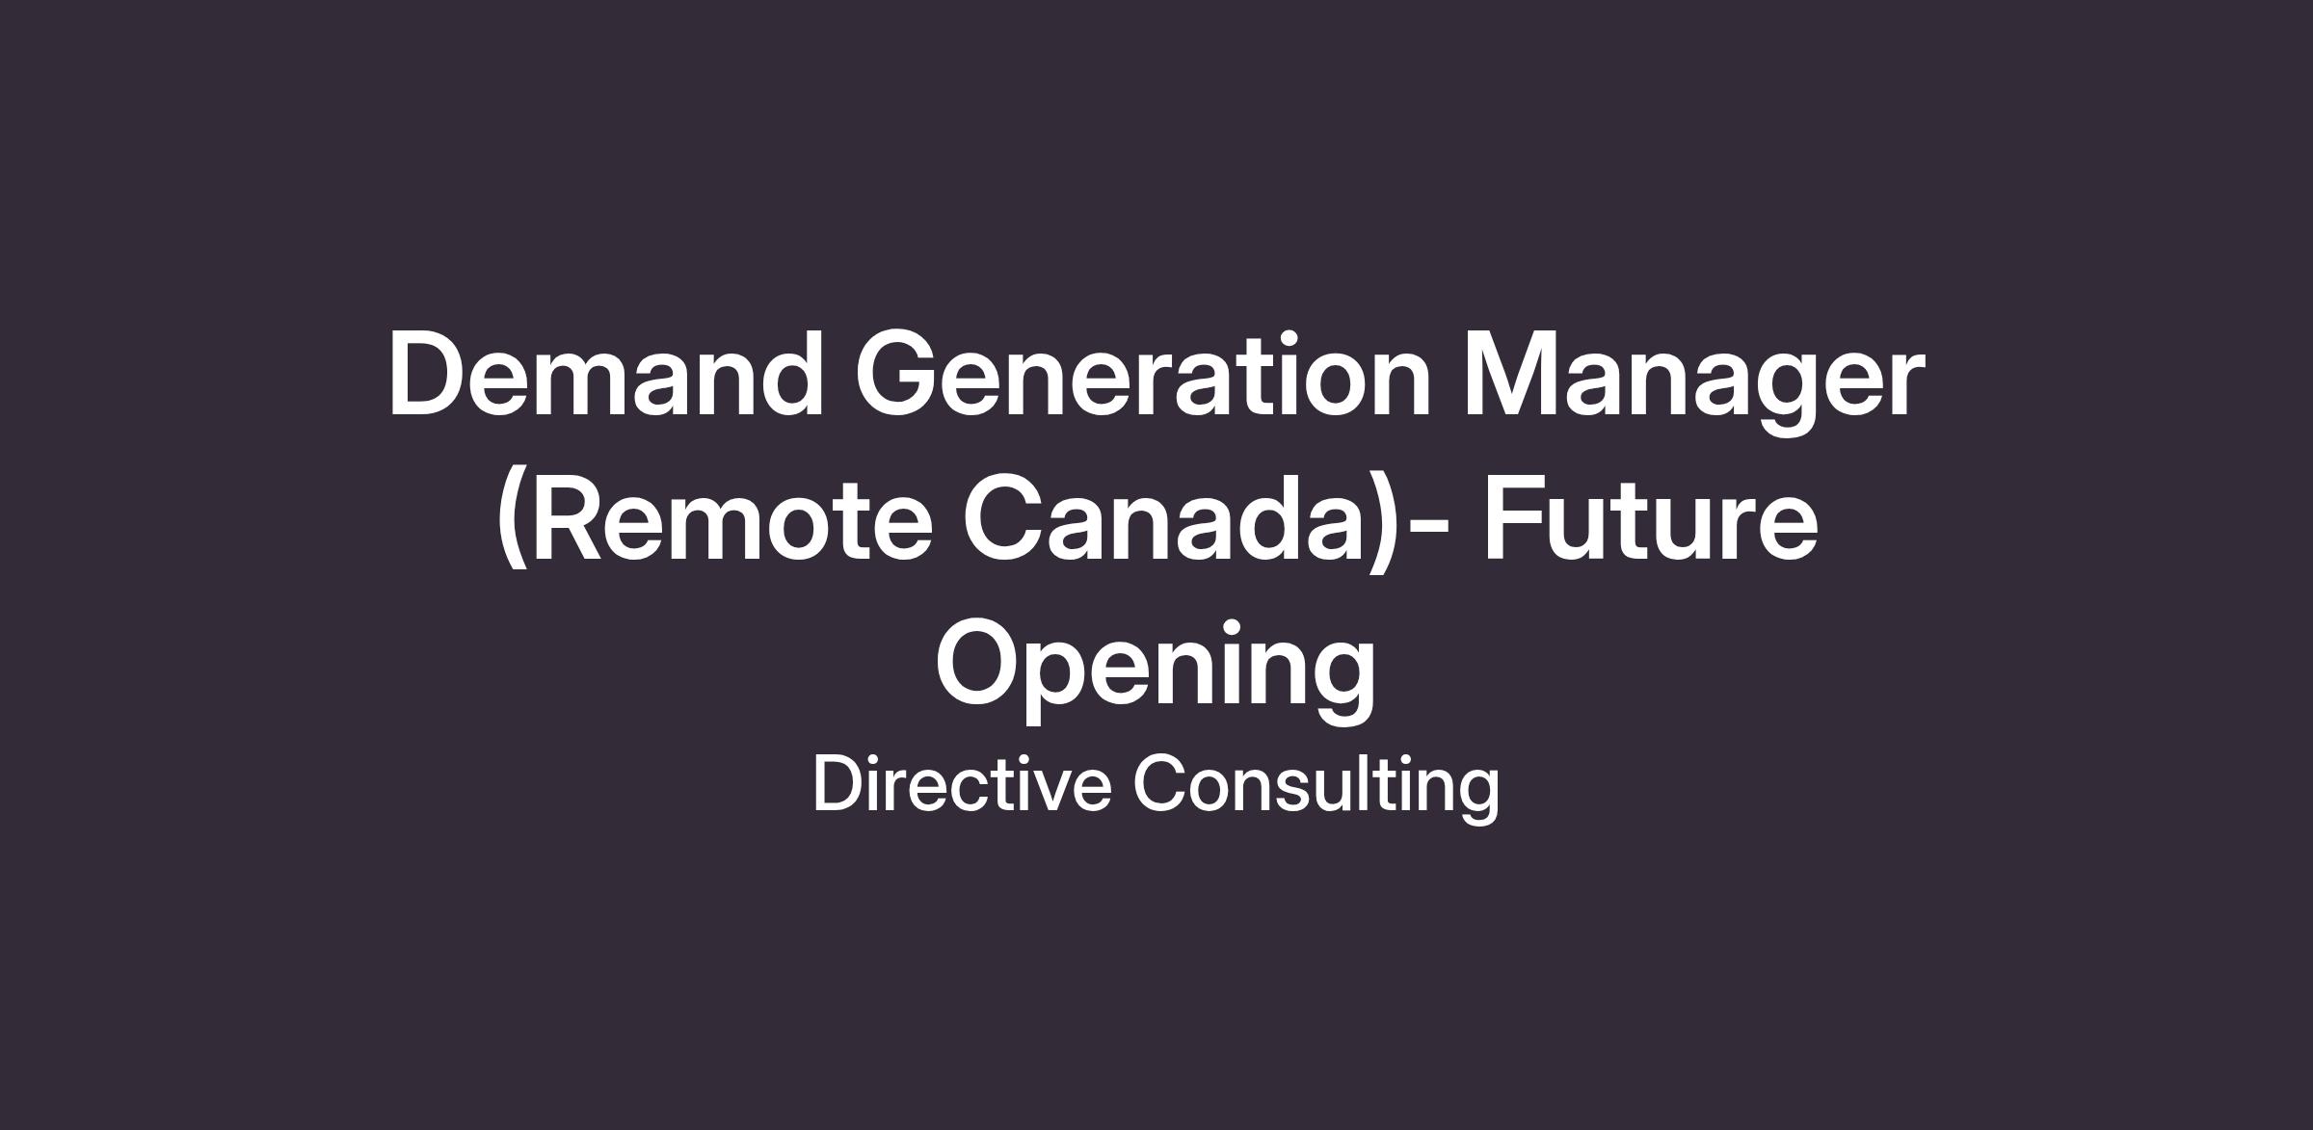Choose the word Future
1650,518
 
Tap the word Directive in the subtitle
962,784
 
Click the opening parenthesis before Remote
513,520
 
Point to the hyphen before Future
1424,527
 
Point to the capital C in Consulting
1162,784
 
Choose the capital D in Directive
840,784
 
